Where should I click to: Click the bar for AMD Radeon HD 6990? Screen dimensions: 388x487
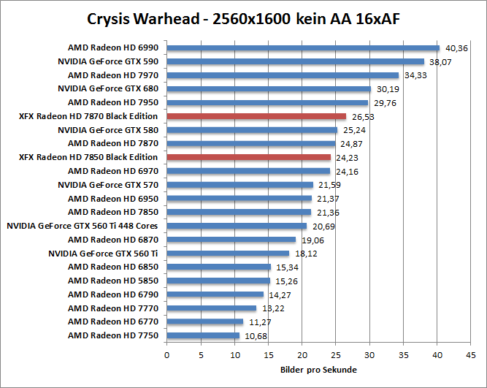[x=303, y=47]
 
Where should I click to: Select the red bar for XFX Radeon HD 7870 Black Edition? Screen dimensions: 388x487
[x=256, y=116]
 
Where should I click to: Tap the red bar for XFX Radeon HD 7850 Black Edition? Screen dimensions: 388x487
[x=249, y=157]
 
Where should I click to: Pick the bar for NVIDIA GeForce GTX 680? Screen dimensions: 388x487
[x=269, y=88]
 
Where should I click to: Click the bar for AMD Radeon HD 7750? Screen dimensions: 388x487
[x=203, y=335]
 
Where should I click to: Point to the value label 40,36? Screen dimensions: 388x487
[x=456, y=48]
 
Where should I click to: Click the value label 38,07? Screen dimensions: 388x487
[x=440, y=62]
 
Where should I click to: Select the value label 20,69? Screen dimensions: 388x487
[x=322, y=227]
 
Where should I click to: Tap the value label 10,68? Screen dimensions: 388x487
[x=255, y=336]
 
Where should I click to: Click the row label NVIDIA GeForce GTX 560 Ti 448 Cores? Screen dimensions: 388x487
[x=83, y=226]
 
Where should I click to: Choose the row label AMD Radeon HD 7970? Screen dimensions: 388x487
[x=113, y=75]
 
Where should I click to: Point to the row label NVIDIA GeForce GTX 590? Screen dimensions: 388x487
[x=108, y=61]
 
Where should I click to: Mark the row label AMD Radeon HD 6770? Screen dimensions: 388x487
[x=113, y=322]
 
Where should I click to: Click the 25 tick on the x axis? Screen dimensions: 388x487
[x=336, y=354]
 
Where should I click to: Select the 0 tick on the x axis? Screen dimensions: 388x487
[x=167, y=354]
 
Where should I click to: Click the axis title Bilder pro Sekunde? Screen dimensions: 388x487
[x=318, y=370]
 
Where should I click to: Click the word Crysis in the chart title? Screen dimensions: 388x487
[x=109, y=18]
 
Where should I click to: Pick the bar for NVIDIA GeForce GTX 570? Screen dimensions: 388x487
[x=240, y=185]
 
